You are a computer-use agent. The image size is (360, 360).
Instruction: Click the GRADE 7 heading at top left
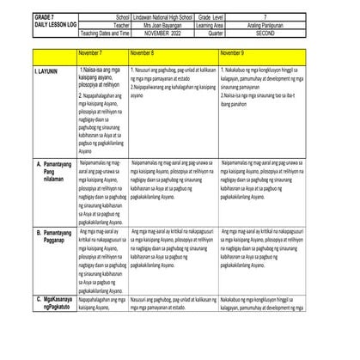pos(23,16)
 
